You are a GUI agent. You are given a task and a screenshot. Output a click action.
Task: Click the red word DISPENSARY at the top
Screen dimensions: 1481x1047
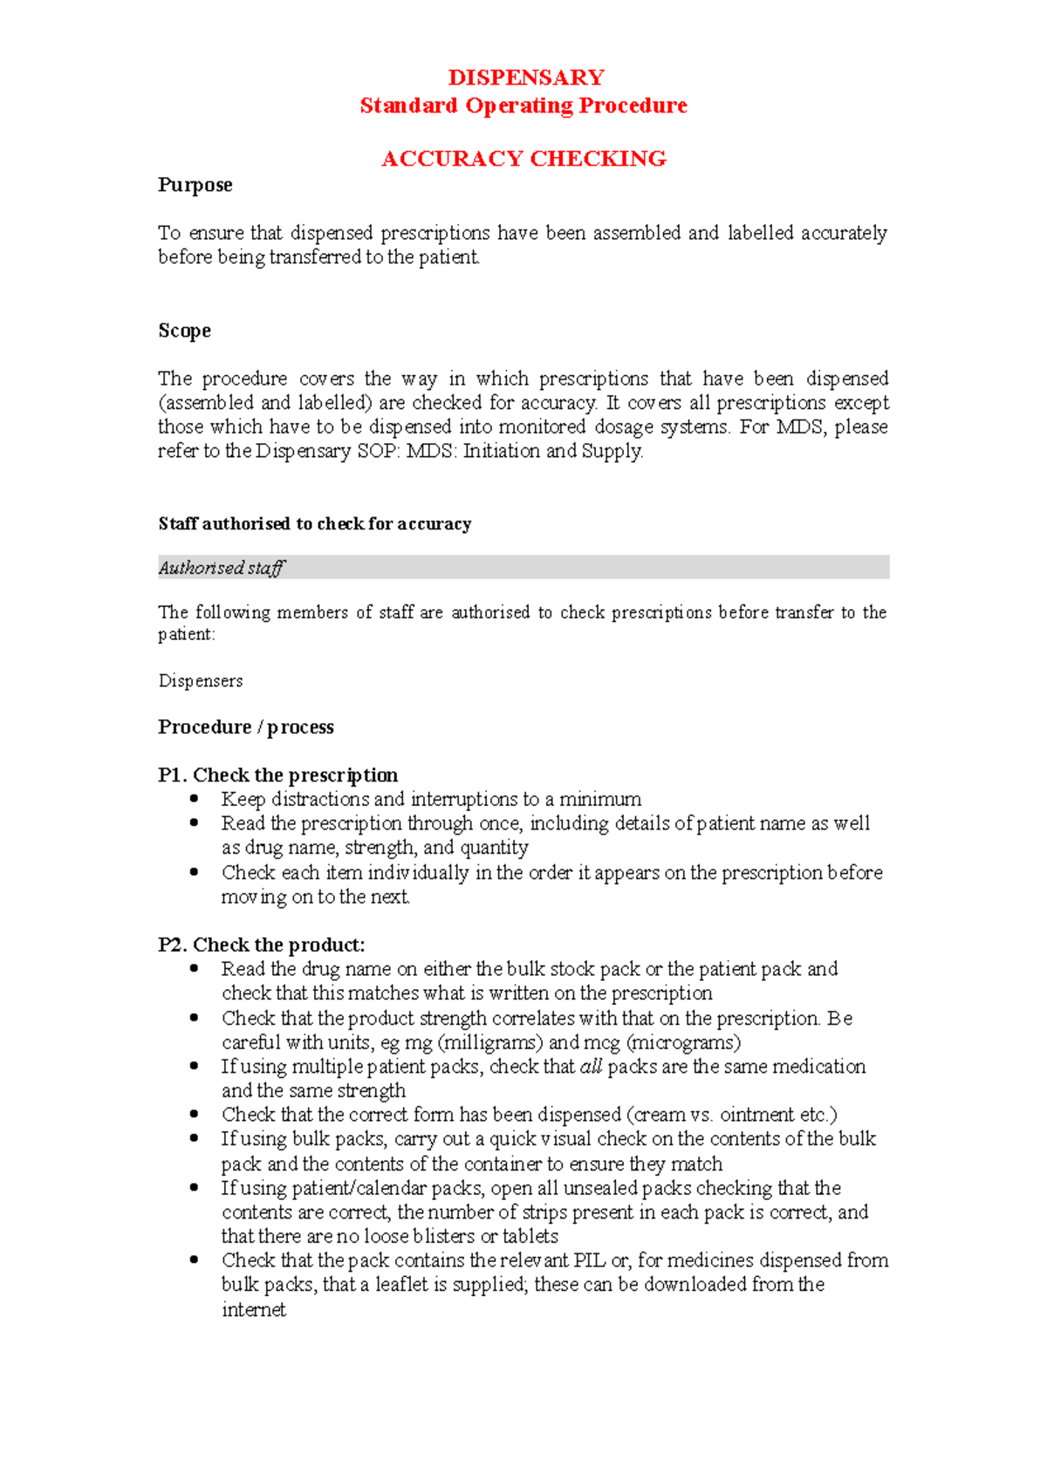[x=525, y=78]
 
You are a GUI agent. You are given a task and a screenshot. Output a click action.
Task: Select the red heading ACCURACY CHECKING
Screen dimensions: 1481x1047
[x=523, y=159]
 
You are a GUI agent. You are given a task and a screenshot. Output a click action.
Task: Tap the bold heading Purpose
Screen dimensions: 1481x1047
[x=195, y=185]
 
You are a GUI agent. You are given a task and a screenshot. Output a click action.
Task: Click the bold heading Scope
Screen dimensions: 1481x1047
[x=184, y=331]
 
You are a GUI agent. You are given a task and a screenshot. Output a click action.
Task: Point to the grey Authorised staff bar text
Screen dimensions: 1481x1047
[x=222, y=568]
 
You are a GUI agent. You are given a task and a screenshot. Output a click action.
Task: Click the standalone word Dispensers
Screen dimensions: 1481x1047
[x=200, y=681]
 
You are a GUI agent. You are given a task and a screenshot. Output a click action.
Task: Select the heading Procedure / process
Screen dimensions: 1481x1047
[x=245, y=727]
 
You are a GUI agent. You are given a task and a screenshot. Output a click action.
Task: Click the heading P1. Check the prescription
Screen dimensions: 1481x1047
[x=277, y=775]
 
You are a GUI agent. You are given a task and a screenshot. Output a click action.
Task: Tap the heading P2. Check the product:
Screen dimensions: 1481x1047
[x=261, y=945]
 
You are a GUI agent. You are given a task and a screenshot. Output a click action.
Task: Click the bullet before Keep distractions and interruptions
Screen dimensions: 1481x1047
[x=195, y=799]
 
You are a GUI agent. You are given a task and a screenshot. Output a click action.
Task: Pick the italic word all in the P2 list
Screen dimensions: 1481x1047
[x=591, y=1067]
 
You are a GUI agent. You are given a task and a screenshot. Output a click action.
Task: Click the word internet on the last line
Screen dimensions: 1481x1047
[x=253, y=1310]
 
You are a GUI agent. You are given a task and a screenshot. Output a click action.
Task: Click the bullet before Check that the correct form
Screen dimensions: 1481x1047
[x=195, y=1115]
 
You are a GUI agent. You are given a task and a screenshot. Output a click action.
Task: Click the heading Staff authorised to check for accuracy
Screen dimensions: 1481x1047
[x=314, y=524]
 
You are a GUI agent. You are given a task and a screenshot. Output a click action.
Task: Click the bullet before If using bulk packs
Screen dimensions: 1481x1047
[x=195, y=1139]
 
